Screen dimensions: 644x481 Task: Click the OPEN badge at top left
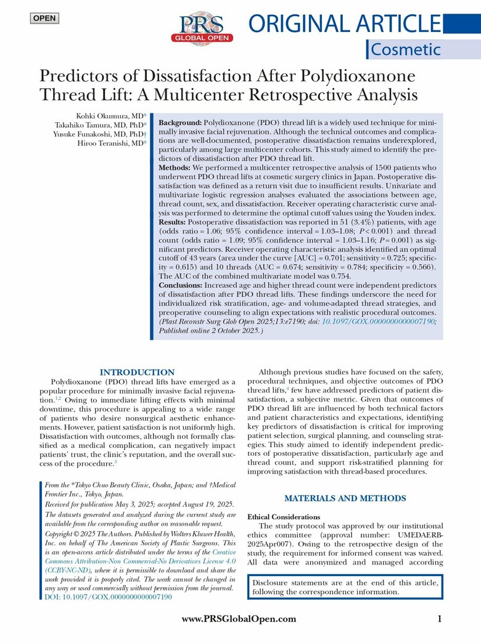point(44,18)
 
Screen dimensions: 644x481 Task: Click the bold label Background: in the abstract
point(181,123)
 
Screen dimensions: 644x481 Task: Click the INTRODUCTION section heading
point(137,372)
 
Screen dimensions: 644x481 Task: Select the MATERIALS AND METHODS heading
point(345,498)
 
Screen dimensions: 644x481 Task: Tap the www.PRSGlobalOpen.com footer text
point(239,619)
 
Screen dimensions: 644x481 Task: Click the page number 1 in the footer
point(440,619)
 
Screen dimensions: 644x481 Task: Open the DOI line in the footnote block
point(109,597)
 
